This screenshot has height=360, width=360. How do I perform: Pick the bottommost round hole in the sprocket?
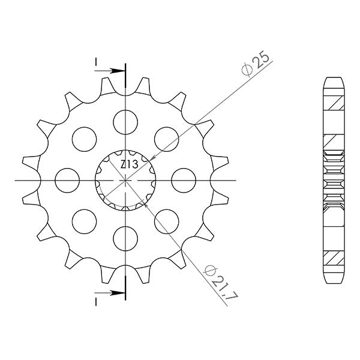125,239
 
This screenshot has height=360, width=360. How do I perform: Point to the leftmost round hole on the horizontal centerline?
67,179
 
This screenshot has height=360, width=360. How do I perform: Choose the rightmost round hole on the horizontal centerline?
184,179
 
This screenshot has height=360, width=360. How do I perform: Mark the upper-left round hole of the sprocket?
84,138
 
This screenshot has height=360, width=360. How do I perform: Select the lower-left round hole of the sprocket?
84,221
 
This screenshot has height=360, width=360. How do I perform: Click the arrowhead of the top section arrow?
121,71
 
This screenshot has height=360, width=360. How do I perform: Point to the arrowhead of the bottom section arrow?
121,293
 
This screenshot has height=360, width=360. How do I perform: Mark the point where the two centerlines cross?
125,179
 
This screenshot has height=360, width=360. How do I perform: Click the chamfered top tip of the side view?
335,80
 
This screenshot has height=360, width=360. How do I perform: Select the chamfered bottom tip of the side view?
335,281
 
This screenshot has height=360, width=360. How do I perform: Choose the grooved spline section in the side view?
335,179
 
